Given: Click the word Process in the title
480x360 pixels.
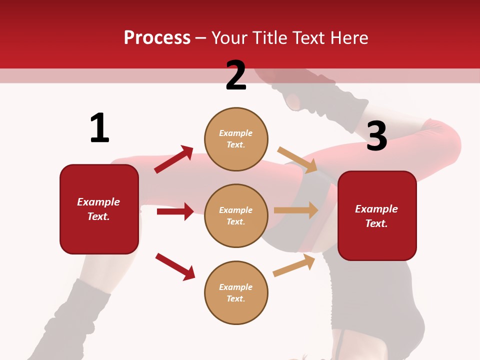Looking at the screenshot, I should click(x=157, y=38).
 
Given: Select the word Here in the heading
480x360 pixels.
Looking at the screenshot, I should click(x=349, y=38).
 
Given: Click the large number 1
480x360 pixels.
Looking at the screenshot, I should click(x=99, y=128).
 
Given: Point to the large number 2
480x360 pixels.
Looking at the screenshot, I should click(x=236, y=76).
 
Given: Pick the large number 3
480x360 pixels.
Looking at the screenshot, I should click(x=376, y=136).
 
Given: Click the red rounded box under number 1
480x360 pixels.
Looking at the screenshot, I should click(x=99, y=209).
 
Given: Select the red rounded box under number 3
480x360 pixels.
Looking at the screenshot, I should click(x=377, y=215).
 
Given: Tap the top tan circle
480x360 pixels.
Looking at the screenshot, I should click(x=236, y=139).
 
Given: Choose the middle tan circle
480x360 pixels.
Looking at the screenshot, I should click(x=236, y=215).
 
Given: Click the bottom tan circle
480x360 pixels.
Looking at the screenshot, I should click(x=236, y=292).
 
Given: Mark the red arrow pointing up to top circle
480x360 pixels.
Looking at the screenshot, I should click(x=174, y=159).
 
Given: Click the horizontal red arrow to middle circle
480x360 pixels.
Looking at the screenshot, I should click(x=175, y=211).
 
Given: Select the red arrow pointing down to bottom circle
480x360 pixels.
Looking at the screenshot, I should click(x=175, y=266).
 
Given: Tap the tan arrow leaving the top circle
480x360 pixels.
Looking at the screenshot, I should click(x=297, y=159).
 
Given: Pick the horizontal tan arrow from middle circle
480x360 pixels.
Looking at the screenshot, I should click(x=296, y=210).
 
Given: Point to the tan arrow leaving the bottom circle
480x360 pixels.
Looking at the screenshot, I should click(x=294, y=265).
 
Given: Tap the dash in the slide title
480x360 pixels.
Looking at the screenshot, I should click(x=201, y=38).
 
